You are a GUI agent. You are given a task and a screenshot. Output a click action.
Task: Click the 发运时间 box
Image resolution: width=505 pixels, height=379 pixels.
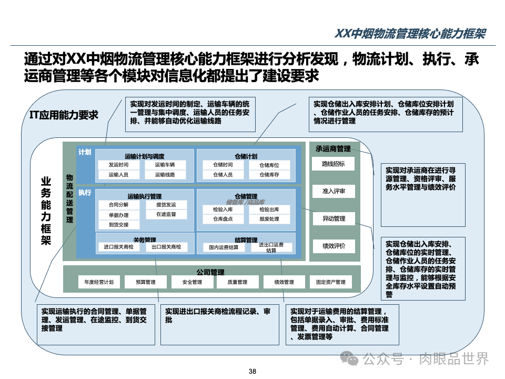(x=118, y=165)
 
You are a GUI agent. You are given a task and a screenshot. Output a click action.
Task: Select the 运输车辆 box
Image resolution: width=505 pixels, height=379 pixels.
(x=165, y=165)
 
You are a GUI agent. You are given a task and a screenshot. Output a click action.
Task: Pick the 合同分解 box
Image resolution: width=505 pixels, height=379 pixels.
(x=118, y=204)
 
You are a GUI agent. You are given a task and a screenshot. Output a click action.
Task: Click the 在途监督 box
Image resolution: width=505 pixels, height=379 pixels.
(x=166, y=214)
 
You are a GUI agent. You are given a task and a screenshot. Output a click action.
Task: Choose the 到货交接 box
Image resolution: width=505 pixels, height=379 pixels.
(x=118, y=224)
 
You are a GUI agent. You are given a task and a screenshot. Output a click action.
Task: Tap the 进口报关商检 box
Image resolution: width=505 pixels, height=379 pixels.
(x=118, y=247)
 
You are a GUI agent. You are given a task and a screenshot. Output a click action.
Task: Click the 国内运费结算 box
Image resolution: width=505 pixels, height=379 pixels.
(x=224, y=247)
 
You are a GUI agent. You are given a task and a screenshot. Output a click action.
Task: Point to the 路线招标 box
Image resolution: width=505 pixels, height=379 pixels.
(x=334, y=164)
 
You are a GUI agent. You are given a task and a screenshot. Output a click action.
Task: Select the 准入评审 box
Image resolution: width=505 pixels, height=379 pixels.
(x=334, y=191)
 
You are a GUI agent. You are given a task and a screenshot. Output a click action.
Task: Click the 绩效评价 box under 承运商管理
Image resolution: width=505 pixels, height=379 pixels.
(x=334, y=246)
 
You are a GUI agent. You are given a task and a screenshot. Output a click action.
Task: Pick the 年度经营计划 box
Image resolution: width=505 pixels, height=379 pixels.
(x=99, y=282)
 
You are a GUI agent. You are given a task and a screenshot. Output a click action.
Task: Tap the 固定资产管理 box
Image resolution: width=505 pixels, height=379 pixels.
(x=330, y=282)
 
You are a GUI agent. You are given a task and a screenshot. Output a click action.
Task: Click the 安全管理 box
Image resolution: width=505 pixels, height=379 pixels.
(x=192, y=282)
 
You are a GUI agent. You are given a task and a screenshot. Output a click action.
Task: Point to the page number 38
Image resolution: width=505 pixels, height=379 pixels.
(x=252, y=372)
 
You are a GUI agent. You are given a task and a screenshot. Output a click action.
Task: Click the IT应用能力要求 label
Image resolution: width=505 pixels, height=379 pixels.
(x=64, y=115)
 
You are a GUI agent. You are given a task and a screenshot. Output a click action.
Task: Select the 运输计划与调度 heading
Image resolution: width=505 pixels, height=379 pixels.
(x=145, y=156)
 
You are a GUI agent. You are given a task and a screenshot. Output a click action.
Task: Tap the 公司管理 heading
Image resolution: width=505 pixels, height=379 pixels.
(x=210, y=272)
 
